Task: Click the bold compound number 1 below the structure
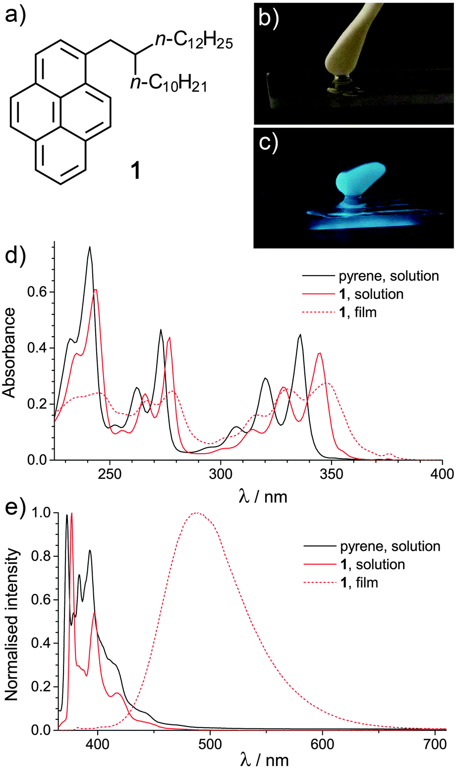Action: tap(133, 171)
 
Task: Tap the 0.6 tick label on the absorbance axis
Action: tap(38, 292)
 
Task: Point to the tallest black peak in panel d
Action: tap(90, 247)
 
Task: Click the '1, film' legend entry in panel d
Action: tap(357, 312)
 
